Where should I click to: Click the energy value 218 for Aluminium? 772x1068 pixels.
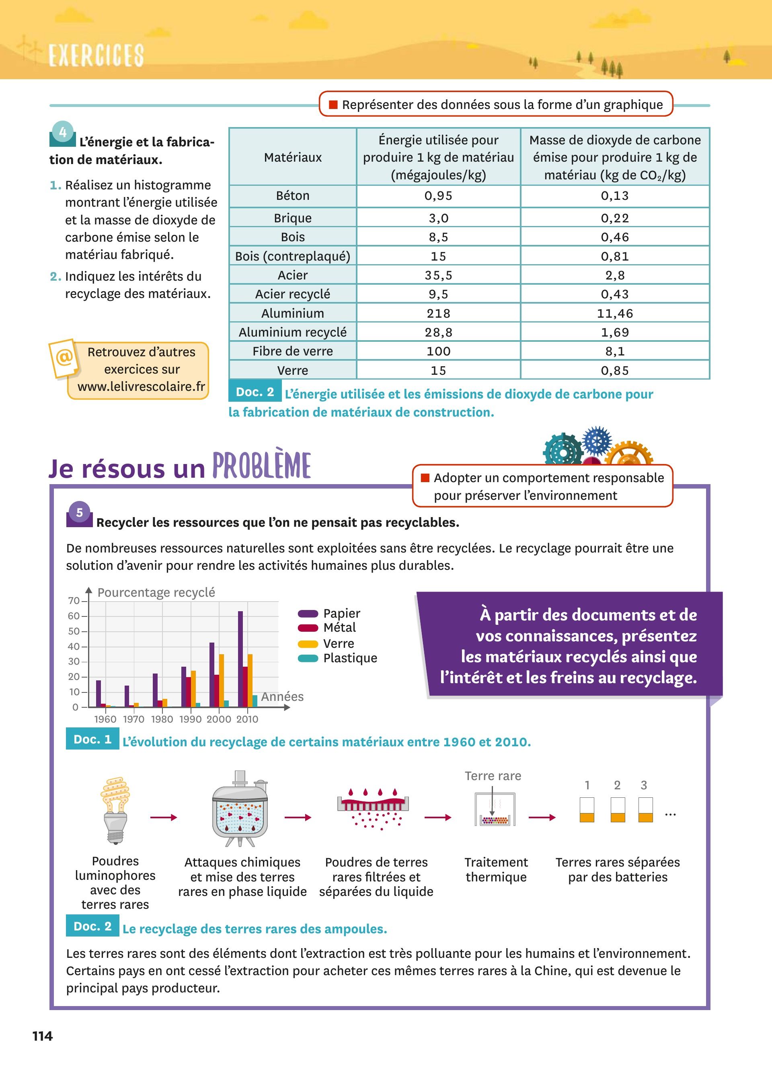pos(438,313)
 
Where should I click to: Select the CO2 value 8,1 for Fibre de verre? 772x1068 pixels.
pos(615,351)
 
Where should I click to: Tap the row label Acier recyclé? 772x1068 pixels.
pos(292,294)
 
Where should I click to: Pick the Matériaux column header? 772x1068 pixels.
pos(292,157)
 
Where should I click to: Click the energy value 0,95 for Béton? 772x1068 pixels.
pos(438,195)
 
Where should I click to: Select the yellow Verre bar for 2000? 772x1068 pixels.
pos(222,680)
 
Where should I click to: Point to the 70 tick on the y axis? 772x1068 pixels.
pos(74,601)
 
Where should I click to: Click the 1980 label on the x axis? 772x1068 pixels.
pos(162,719)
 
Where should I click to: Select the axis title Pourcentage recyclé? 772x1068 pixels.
pos(156,592)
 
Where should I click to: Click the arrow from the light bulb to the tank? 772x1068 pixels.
pos(163,817)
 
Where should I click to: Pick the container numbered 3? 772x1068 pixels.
pos(645,810)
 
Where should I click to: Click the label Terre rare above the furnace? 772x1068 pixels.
pos(493,776)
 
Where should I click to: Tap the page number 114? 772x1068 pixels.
pos(42,1036)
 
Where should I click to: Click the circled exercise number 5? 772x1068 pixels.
pos(80,512)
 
